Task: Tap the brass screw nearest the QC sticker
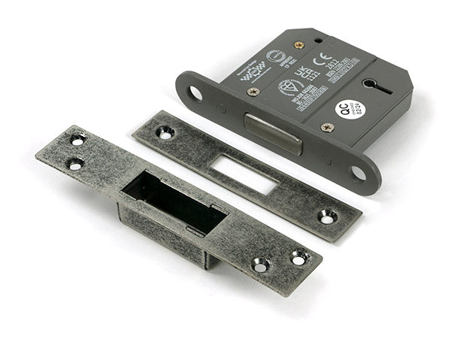[327, 127]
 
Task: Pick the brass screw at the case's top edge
[299, 45]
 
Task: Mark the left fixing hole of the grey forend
[195, 93]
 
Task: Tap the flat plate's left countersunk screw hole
[165, 132]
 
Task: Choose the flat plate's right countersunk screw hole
[328, 217]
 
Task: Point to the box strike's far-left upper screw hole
[77, 140]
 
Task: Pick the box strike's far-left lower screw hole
[74, 164]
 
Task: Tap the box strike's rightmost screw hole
[298, 258]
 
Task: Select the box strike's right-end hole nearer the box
[260, 265]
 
